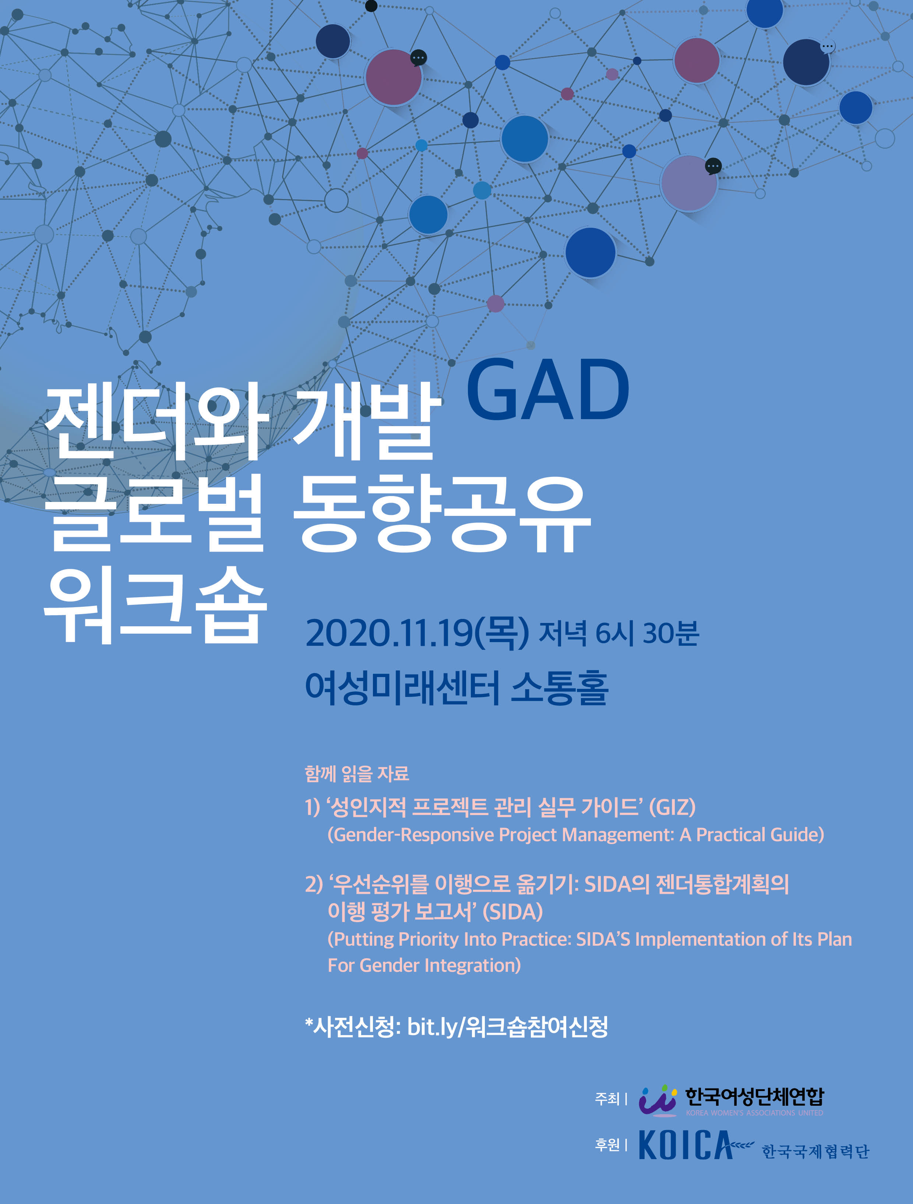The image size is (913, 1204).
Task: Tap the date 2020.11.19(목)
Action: [x=416, y=633]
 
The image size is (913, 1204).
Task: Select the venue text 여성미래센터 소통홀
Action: [x=456, y=688]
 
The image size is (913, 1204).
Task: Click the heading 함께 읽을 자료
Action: [x=357, y=773]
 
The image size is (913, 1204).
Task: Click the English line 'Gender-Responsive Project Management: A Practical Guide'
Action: [x=575, y=835]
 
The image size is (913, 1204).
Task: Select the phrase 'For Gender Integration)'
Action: [x=424, y=965]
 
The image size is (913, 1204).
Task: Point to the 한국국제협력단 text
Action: [x=815, y=1151]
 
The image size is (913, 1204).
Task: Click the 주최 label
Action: [x=607, y=1099]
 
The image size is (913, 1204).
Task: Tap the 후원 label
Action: [x=607, y=1145]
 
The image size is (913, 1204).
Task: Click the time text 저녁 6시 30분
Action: [x=618, y=633]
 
